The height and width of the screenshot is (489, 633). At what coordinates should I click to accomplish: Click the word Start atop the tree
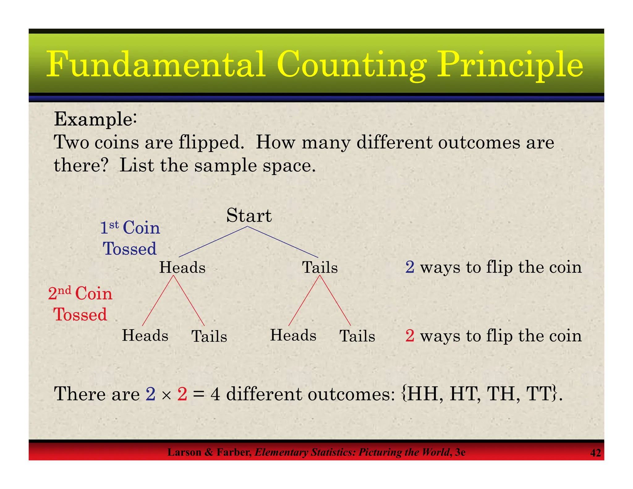(249, 215)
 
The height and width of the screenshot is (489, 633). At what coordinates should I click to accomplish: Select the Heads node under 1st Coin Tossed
(182, 267)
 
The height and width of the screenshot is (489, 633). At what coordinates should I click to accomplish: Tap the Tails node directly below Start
(320, 267)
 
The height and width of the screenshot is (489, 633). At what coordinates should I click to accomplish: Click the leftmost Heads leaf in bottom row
(145, 336)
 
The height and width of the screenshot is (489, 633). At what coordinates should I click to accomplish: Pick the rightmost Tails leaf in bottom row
(357, 336)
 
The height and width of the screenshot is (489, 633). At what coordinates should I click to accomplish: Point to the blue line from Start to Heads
(213, 242)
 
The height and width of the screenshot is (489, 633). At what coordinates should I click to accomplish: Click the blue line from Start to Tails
(283, 242)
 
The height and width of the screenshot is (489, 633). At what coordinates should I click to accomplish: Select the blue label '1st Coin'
(130, 228)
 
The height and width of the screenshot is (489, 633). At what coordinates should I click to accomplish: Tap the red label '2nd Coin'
(80, 293)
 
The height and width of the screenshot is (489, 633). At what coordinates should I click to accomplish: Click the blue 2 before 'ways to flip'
(410, 267)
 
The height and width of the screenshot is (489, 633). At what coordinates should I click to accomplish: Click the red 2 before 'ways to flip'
(410, 336)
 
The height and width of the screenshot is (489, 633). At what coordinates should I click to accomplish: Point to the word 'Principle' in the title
(510, 65)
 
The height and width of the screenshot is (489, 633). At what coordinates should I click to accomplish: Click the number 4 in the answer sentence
(215, 395)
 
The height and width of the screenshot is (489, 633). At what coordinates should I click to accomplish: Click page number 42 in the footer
(595, 453)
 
